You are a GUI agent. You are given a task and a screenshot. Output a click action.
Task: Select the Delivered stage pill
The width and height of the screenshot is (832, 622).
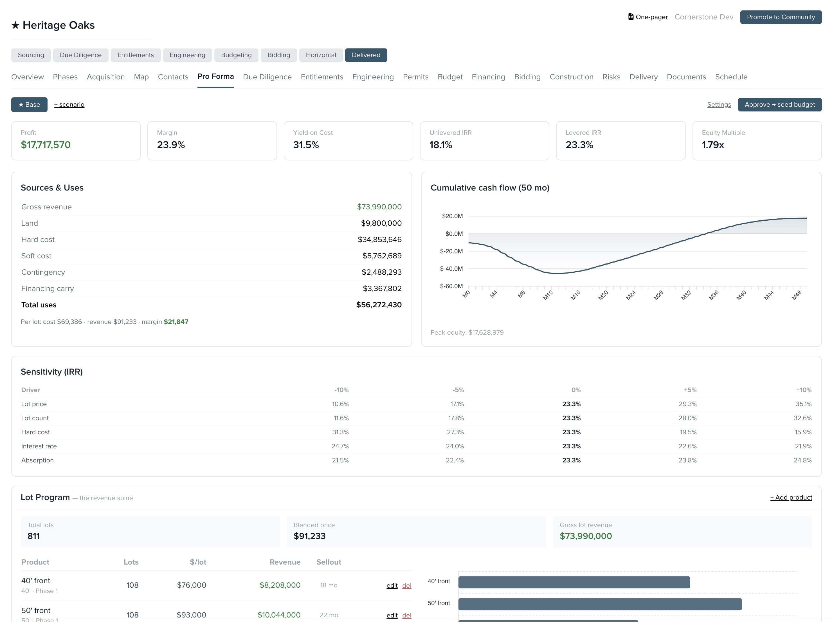tap(366, 55)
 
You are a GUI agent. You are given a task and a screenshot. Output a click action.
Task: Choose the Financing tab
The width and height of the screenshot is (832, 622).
tap(488, 77)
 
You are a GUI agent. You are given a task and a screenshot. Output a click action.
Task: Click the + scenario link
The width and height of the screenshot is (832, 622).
tap(69, 105)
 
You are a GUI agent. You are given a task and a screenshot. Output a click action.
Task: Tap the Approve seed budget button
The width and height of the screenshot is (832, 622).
tap(780, 105)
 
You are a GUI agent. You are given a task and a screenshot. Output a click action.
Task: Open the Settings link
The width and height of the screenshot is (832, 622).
tap(719, 105)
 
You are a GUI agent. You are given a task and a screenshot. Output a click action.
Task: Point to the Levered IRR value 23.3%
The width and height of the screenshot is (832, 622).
tap(579, 145)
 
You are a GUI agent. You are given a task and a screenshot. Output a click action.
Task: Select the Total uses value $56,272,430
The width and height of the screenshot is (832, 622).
tap(379, 305)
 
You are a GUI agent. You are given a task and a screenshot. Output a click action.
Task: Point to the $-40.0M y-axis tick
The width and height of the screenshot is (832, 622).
tap(451, 269)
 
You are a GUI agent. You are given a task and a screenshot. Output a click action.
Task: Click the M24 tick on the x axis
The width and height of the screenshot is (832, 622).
tap(631, 295)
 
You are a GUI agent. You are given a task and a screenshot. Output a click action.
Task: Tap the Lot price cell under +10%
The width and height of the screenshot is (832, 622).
tap(803, 404)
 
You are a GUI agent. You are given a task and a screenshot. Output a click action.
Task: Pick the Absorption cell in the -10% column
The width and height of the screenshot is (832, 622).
tap(340, 460)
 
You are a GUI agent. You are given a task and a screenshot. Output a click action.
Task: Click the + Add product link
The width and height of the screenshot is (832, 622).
tap(791, 497)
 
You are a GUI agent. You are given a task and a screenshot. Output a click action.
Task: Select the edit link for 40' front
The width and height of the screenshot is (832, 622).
tap(392, 585)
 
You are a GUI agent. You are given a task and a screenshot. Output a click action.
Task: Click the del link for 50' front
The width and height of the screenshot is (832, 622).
tap(407, 615)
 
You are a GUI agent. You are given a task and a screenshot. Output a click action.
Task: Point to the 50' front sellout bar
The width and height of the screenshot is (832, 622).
tap(600, 604)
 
